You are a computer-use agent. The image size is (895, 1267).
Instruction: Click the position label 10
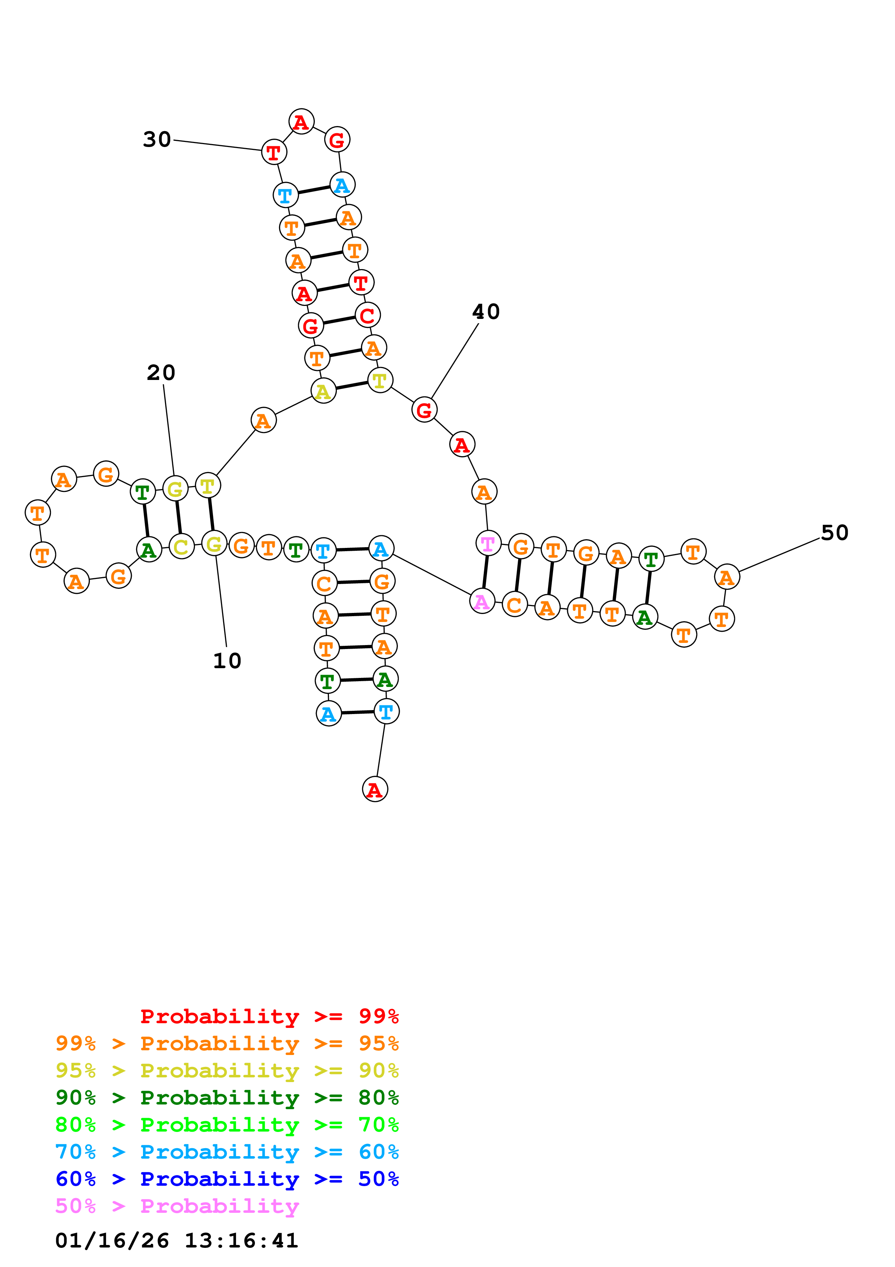[x=227, y=661]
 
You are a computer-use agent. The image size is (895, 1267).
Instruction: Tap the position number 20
[x=161, y=372]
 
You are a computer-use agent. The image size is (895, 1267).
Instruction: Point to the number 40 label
[x=486, y=312]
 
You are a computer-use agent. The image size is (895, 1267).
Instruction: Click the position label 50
[x=834, y=532]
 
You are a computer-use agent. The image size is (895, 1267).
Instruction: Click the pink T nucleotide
[x=487, y=544]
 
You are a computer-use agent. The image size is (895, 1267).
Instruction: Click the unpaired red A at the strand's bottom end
[x=374, y=789]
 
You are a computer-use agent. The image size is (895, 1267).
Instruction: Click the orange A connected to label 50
[x=726, y=577]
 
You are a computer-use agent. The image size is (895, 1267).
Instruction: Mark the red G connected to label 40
[x=424, y=410]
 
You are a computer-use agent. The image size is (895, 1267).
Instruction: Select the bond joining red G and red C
[x=339, y=321]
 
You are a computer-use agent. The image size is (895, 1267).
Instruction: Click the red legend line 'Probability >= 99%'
[x=269, y=1016]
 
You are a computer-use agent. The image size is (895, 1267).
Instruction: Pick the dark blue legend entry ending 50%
[x=227, y=1179]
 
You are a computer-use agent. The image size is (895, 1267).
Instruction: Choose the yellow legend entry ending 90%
[x=227, y=1071]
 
